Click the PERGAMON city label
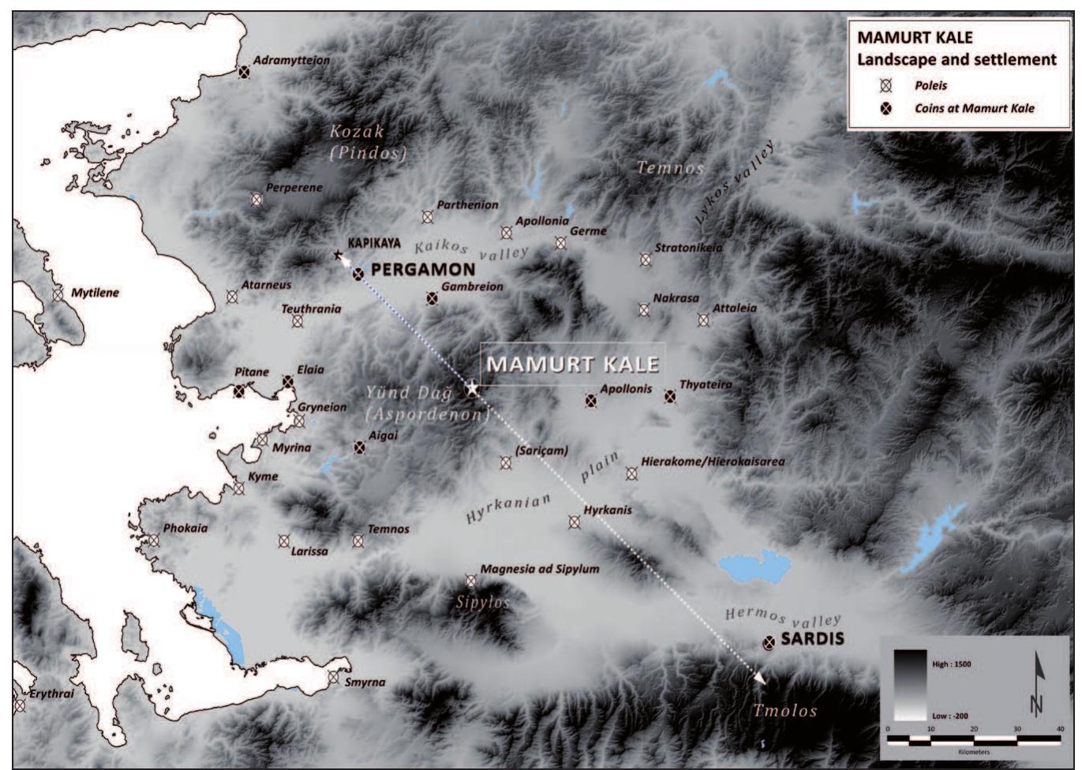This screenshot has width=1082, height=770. pyautogui.click(x=423, y=270)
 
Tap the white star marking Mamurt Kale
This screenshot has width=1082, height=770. pyautogui.click(x=472, y=388)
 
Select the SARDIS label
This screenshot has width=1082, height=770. pyautogui.click(x=812, y=639)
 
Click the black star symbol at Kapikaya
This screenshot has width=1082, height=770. pyautogui.click(x=339, y=255)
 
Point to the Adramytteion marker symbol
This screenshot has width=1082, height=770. pyautogui.click(x=245, y=72)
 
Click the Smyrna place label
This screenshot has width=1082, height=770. pyautogui.click(x=365, y=682)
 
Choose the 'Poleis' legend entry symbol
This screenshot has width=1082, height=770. pyautogui.click(x=885, y=86)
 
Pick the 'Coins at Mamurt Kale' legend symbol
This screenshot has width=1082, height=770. pyautogui.click(x=885, y=109)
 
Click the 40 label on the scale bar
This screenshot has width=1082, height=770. pyautogui.click(x=1059, y=729)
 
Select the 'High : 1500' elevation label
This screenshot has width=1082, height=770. pyautogui.click(x=952, y=664)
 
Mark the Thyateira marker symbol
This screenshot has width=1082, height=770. pyautogui.click(x=670, y=397)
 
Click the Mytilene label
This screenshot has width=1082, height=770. pyautogui.click(x=95, y=293)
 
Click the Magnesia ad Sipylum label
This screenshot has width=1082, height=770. pyautogui.click(x=540, y=569)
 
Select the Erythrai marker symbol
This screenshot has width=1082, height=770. pyautogui.click(x=19, y=705)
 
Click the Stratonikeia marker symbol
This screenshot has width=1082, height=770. pyautogui.click(x=646, y=260)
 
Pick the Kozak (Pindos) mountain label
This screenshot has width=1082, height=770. pyautogui.click(x=367, y=144)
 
